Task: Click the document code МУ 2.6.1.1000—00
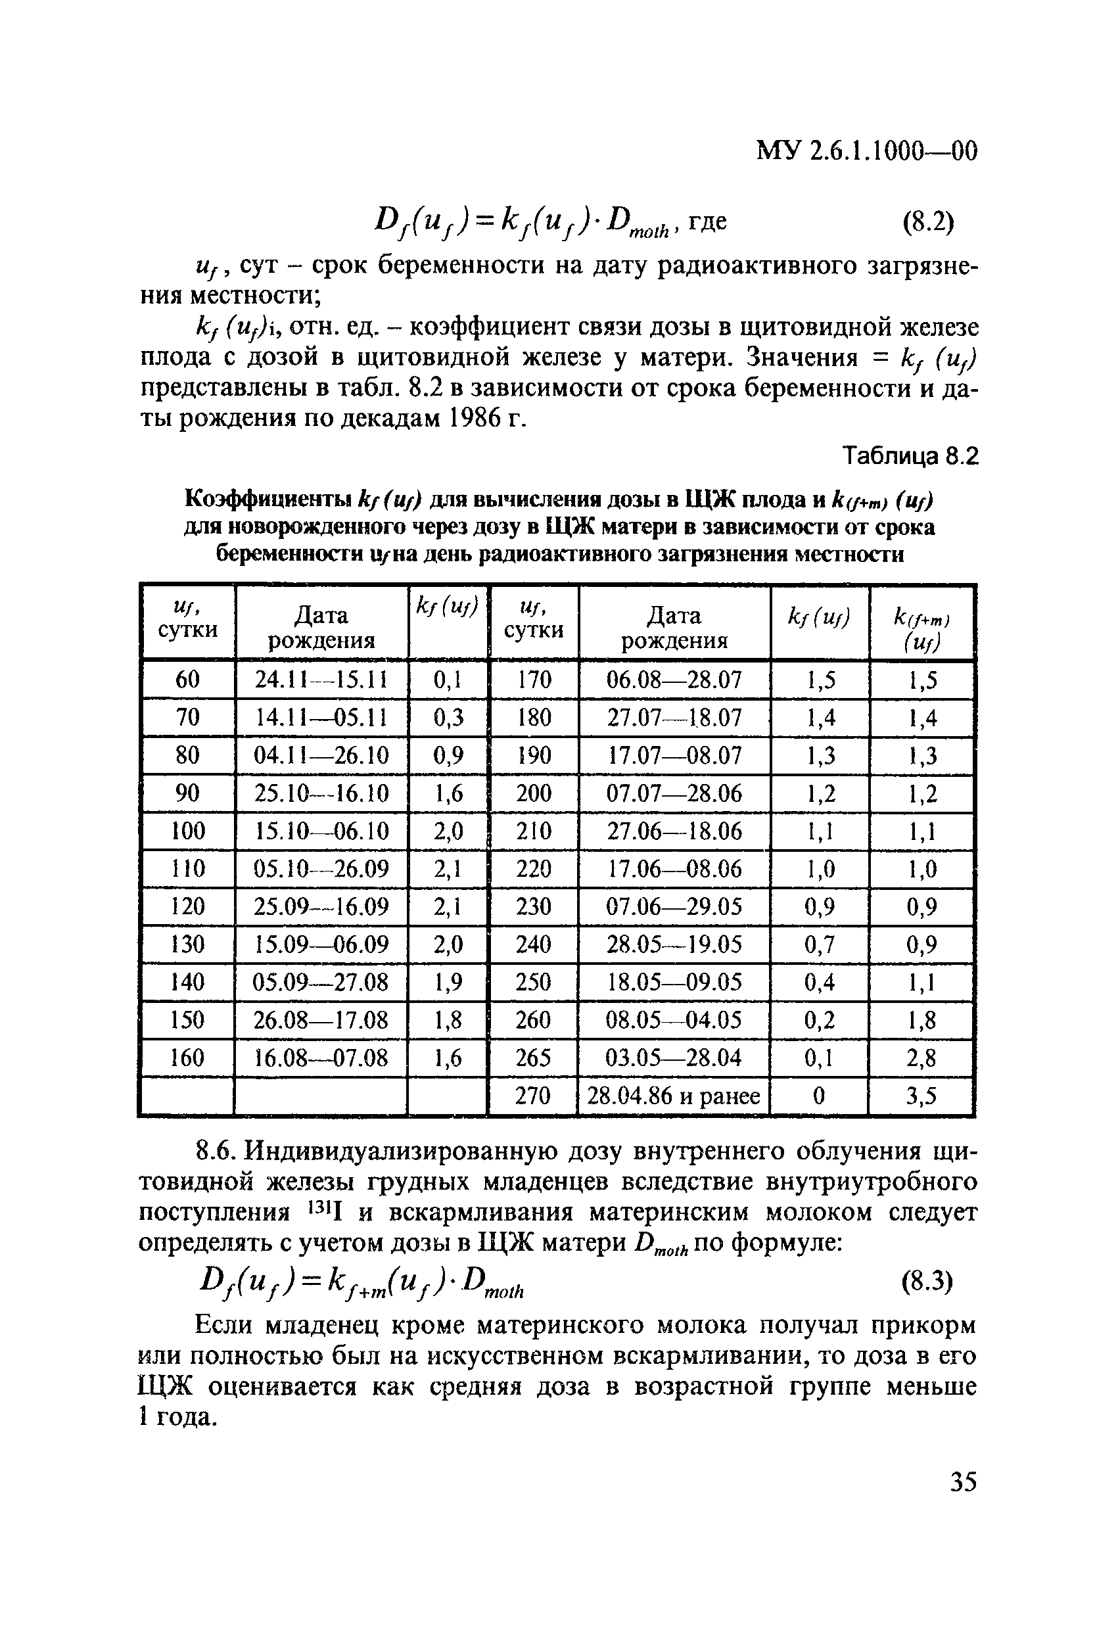tap(866, 151)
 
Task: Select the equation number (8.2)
tap(928, 222)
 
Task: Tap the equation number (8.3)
tap(927, 1282)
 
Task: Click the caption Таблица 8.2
tap(909, 457)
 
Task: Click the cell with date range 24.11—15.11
tap(321, 680)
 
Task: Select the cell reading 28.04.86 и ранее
tap(673, 1096)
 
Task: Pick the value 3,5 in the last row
tap(921, 1096)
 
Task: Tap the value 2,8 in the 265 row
tap(921, 1058)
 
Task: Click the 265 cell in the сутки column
tap(533, 1058)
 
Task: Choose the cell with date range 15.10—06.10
tap(321, 831)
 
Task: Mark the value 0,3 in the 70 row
tap(448, 718)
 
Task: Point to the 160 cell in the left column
tap(187, 1058)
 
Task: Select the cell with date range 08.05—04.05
tap(673, 1020)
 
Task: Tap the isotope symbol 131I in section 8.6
tap(325, 1211)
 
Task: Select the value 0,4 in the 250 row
tap(819, 982)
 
